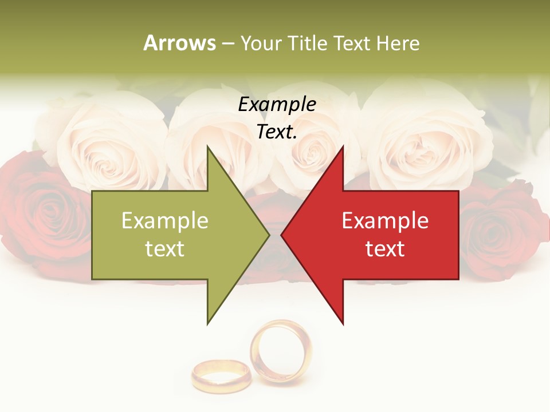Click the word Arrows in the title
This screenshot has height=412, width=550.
179,43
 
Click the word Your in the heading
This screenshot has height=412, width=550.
261,43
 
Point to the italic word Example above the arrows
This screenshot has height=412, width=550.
277,104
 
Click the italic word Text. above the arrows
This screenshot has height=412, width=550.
277,132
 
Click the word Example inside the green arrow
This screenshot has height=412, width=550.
165,221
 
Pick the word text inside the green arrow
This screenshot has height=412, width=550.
165,249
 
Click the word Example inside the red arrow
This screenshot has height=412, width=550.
385,221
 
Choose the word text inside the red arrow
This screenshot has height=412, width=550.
385,249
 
